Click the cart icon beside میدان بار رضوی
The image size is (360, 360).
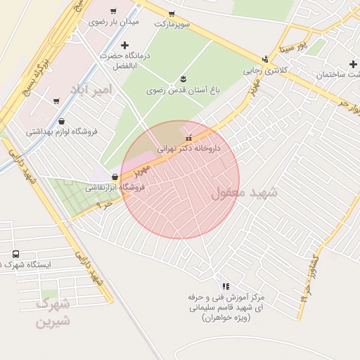coord(113,11)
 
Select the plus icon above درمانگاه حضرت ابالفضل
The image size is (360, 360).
coord(124,45)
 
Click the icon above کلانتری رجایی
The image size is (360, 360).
coord(265,59)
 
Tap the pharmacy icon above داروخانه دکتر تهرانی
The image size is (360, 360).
coord(187,137)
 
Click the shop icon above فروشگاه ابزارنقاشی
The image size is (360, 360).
coord(115,176)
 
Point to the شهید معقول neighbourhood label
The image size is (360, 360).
coord(245,193)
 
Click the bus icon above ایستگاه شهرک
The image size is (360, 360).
coord(15,253)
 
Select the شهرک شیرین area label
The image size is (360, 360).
coord(53,313)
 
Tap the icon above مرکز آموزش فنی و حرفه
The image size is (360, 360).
coord(225,286)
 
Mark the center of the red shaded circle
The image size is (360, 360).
coord(180,180)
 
